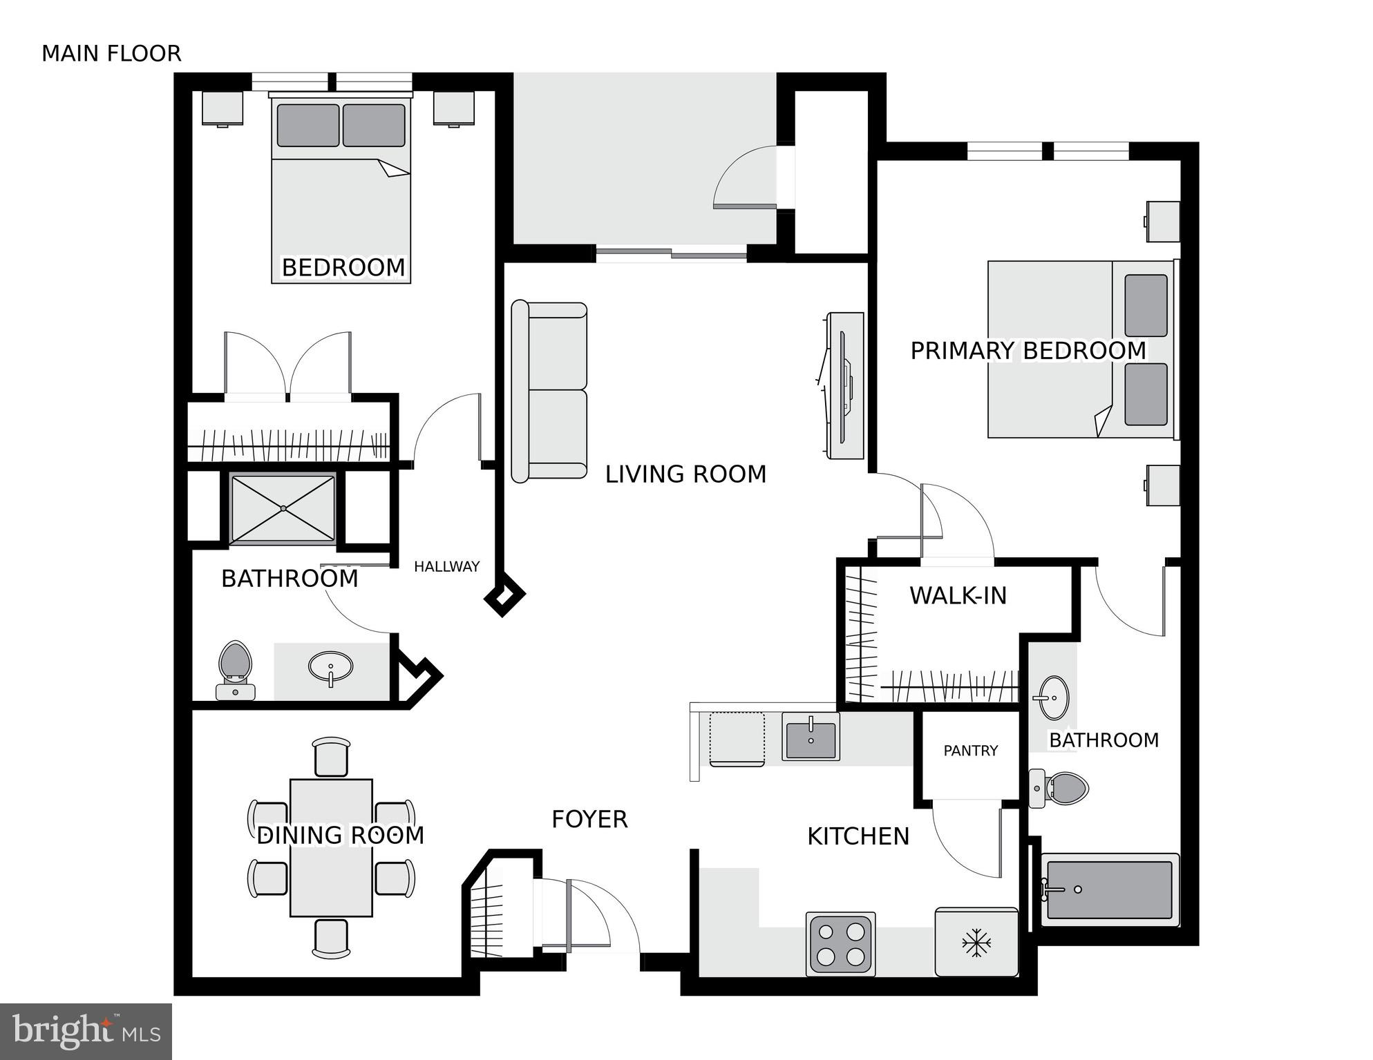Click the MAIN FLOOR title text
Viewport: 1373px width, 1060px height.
(111, 53)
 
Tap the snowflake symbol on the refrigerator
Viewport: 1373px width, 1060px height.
(976, 943)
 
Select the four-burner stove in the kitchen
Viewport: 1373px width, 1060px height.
(841, 944)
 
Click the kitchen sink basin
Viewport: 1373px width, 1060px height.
(811, 737)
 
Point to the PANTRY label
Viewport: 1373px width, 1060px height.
(970, 751)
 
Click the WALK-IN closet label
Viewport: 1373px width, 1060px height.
(958, 595)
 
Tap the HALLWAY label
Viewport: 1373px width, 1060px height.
(446, 567)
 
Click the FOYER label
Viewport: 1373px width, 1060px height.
(589, 820)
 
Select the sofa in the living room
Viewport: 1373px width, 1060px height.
(549, 392)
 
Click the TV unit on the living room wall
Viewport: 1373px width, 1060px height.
(845, 385)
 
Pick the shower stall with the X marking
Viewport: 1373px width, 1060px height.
(283, 508)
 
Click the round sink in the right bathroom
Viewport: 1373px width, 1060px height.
(1054, 697)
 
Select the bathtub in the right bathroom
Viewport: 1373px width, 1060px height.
(1109, 889)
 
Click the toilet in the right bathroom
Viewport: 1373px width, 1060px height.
(1059, 788)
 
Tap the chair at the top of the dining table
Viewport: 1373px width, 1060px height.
(332, 757)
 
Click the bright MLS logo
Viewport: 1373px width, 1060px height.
(86, 1032)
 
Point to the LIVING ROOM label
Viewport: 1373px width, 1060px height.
(685, 474)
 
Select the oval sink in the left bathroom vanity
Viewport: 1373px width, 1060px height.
(330, 667)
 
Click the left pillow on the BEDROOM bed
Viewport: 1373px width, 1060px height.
(308, 126)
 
